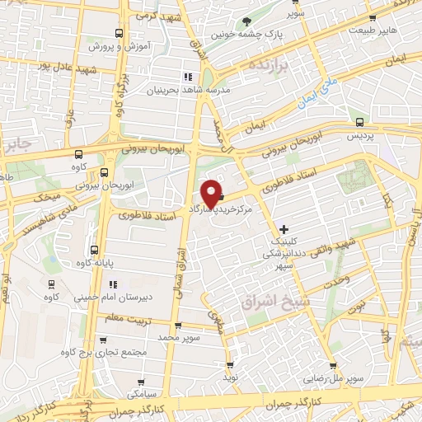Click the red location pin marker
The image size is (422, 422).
(x=211, y=192)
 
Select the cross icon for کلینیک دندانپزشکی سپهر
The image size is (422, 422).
(x=284, y=228)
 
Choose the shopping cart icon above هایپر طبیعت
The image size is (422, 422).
(x=373, y=17)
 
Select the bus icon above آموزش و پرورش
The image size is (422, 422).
(x=119, y=34)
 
